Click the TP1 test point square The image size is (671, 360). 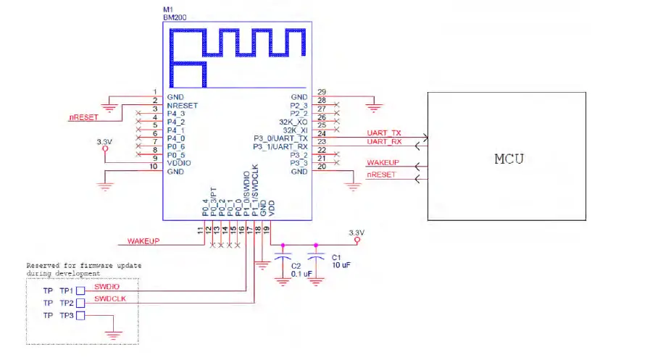click(x=80, y=290)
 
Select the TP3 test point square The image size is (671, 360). click(x=80, y=316)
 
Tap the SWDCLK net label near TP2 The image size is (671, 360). click(x=111, y=298)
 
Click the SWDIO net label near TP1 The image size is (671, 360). click(x=107, y=285)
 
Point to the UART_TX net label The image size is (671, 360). click(x=385, y=133)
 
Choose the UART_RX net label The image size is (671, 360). click(x=385, y=141)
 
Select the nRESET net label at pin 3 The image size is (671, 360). click(x=84, y=116)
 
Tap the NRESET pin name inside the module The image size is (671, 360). click(x=182, y=105)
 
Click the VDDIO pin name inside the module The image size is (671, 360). click(x=180, y=163)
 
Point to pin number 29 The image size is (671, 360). click(x=322, y=92)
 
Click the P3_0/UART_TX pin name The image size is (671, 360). click(x=281, y=138)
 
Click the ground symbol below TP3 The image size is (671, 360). click(x=112, y=335)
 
